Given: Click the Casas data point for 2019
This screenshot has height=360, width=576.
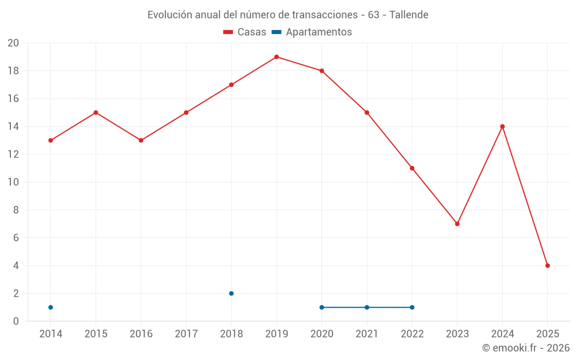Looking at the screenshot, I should (276, 57).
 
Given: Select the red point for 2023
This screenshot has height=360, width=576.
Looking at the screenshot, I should (457, 224).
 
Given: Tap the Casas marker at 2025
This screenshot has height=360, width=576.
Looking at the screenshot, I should (548, 266).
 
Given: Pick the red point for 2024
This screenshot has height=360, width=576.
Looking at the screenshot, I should (502, 127).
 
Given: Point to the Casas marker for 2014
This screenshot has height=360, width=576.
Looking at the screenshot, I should (51, 141).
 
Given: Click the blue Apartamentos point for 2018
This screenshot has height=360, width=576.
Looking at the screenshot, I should (232, 293).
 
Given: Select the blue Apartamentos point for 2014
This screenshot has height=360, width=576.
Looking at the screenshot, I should (51, 308).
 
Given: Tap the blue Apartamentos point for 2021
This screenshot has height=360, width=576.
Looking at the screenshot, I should (367, 308).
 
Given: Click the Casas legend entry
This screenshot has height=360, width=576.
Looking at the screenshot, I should (245, 32).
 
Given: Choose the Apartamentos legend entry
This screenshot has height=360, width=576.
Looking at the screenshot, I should (312, 32).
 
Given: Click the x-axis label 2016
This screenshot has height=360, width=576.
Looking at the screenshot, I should (141, 334).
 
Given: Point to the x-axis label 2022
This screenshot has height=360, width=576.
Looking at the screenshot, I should (412, 334).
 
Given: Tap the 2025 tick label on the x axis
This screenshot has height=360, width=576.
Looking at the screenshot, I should (548, 334).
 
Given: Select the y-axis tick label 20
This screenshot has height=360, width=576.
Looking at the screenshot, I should (13, 43).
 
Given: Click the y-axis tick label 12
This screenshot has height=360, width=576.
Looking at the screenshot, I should (13, 154).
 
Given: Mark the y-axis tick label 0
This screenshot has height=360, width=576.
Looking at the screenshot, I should (16, 321).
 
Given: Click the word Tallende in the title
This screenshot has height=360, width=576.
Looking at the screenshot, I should (409, 15).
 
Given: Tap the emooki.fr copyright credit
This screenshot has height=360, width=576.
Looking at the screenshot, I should (526, 348).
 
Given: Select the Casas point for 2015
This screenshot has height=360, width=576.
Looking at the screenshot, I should (96, 113).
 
